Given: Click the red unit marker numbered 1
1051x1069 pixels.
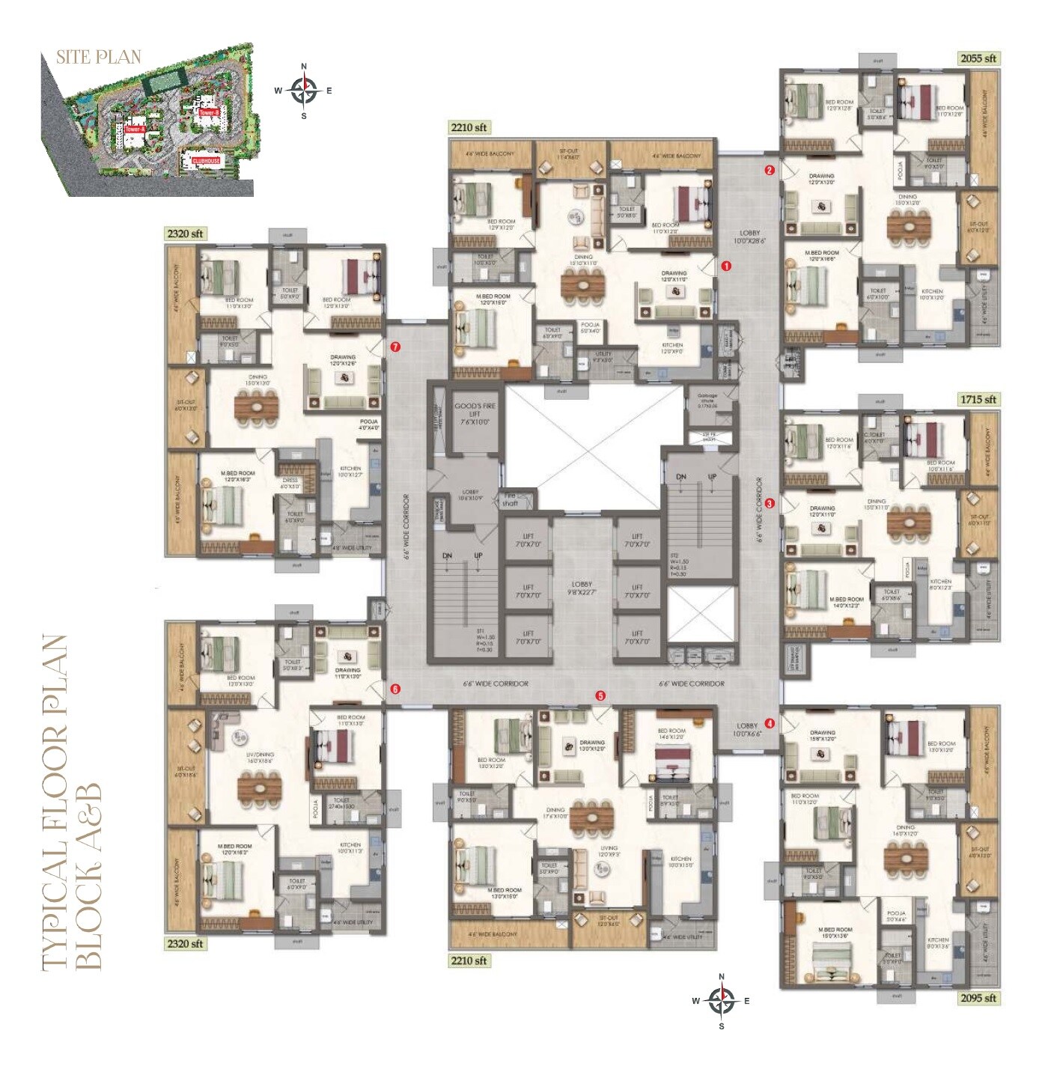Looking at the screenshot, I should pos(725,266).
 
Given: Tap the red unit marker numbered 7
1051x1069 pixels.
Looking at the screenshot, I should pos(395,347).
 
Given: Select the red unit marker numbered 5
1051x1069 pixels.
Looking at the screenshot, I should pos(600,695).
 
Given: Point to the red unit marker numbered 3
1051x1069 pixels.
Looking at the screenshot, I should pos(770,504).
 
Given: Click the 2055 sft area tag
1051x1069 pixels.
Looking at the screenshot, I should pos(978,58).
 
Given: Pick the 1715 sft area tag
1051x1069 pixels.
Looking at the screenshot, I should pos(978,400).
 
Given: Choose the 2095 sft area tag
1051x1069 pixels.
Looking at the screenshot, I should pos(978,998).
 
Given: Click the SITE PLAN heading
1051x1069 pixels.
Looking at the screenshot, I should pos(99,57).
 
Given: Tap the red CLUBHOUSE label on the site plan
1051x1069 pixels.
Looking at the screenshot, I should pos(206,160).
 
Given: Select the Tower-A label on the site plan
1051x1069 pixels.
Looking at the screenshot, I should pos(135,130).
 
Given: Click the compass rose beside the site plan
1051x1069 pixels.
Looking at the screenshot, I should pos(303,91).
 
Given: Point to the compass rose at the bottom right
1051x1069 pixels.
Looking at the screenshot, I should pos(721,1001).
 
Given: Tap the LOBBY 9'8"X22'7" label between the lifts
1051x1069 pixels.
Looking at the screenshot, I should pos(582,588).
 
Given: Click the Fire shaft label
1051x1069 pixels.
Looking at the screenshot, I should pos(510,499).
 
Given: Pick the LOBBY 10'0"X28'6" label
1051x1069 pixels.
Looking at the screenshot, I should pos(749,237).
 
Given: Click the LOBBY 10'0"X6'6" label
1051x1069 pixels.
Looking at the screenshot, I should pos(747,729).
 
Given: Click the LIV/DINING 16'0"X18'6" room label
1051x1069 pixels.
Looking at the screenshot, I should pos(260,757).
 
